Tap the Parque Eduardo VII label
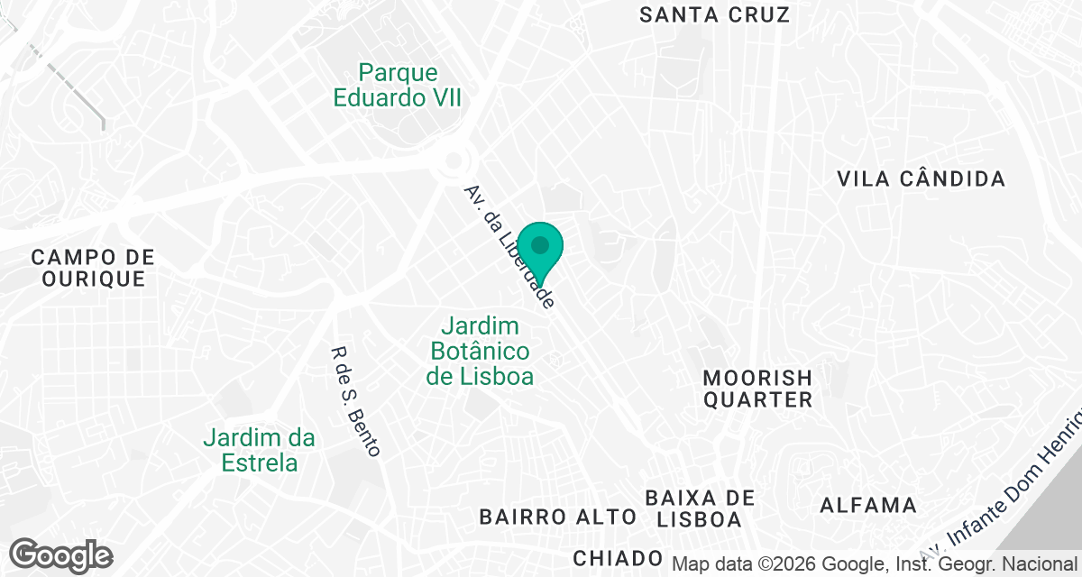tap(398, 85)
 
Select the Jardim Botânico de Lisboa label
tap(480, 351)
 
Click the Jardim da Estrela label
tap(259, 451)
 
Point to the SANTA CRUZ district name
tap(714, 14)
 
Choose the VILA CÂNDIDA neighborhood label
tap(921, 179)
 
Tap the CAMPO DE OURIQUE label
tap(93, 268)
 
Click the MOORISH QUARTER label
tap(757, 389)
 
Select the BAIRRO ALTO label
tap(558, 517)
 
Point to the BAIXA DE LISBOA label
tap(700, 508)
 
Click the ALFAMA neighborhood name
tap(867, 505)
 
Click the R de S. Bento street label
tap(356, 401)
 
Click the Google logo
tap(60, 554)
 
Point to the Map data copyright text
tap(875, 564)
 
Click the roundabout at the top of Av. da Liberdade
tap(455, 163)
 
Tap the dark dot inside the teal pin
tap(540, 244)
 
